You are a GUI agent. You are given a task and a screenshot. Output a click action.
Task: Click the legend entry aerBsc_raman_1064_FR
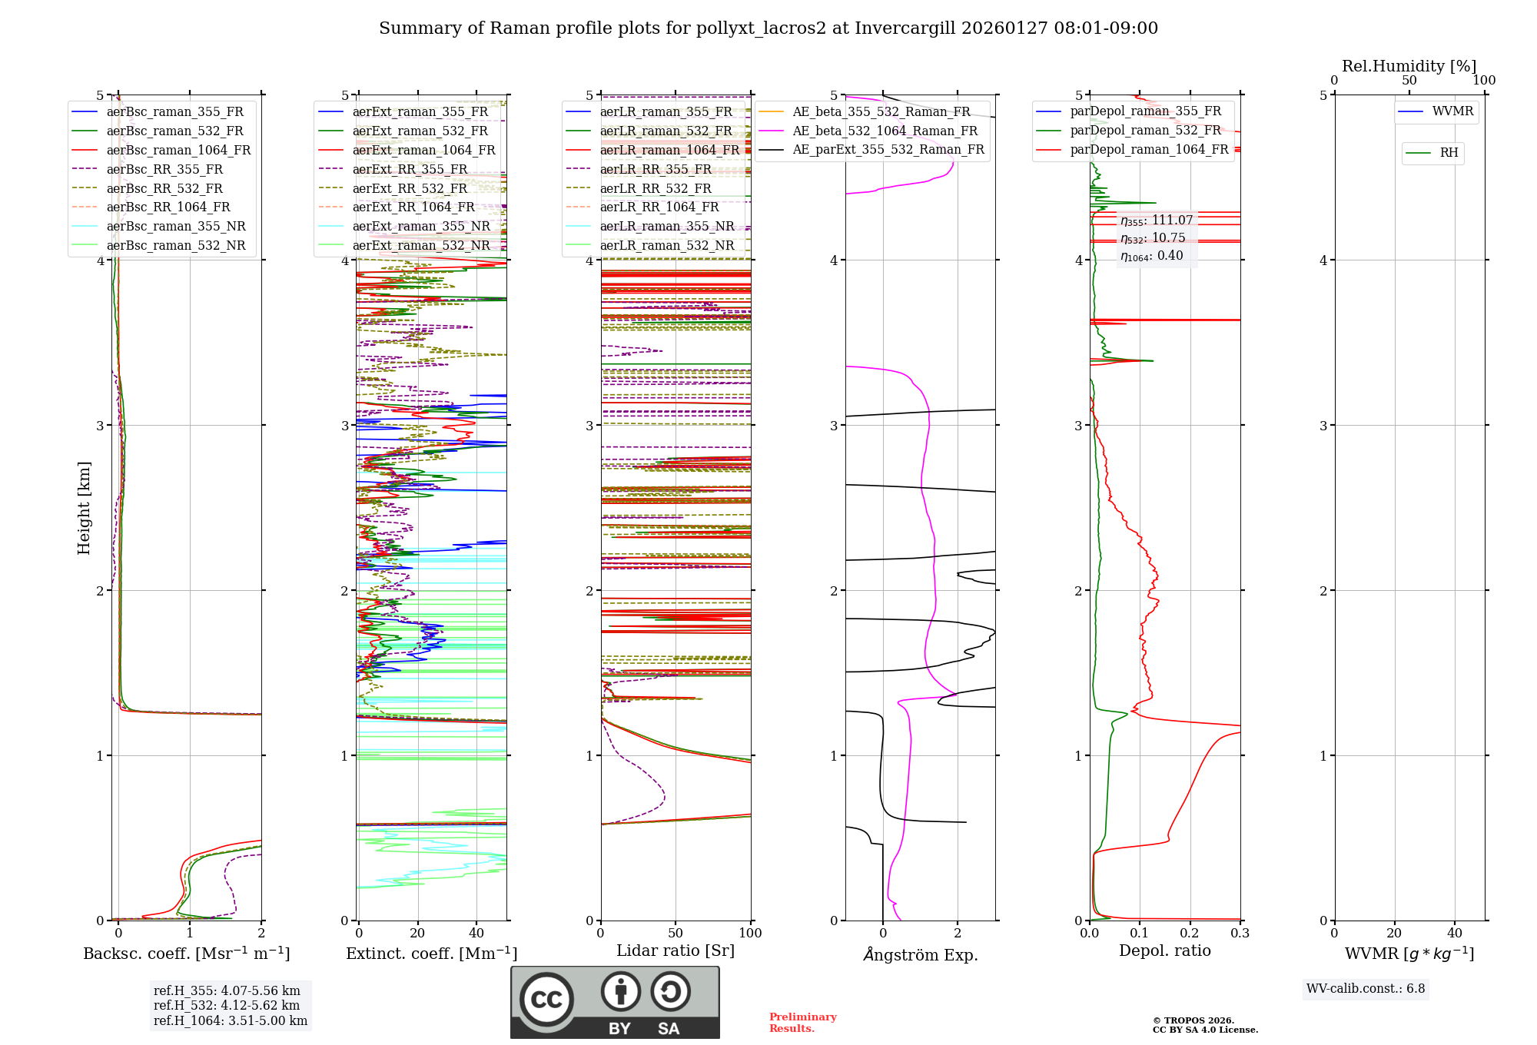click(178, 150)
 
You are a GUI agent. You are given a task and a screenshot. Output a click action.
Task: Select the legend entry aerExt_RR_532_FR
click(410, 188)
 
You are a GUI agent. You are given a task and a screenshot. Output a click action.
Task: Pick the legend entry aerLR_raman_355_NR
click(667, 226)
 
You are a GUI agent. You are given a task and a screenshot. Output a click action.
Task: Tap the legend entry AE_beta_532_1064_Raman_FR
click(885, 131)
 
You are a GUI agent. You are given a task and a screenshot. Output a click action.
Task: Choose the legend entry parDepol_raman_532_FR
click(1145, 130)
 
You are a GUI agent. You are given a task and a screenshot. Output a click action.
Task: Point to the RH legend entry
click(1449, 153)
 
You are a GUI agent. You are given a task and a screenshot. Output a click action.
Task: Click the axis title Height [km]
click(84, 508)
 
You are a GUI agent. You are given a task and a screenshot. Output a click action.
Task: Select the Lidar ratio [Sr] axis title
click(676, 950)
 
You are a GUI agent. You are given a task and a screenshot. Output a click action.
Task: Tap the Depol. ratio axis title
click(1164, 950)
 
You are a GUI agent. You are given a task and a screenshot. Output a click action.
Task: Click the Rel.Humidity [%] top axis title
click(1409, 66)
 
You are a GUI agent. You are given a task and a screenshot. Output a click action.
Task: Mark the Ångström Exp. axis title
click(920, 955)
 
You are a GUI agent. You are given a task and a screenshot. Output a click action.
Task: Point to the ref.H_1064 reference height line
click(230, 1020)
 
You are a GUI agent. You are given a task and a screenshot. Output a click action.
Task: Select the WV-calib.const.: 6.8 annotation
click(1366, 989)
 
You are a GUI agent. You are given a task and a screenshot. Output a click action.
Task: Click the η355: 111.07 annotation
click(1157, 221)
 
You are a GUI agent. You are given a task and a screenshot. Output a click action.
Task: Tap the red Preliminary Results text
click(802, 1023)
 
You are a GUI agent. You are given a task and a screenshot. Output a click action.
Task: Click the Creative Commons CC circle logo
click(546, 999)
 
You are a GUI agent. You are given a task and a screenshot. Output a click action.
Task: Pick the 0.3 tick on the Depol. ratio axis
click(1240, 934)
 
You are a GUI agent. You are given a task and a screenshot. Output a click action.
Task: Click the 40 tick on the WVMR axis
click(1454, 934)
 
